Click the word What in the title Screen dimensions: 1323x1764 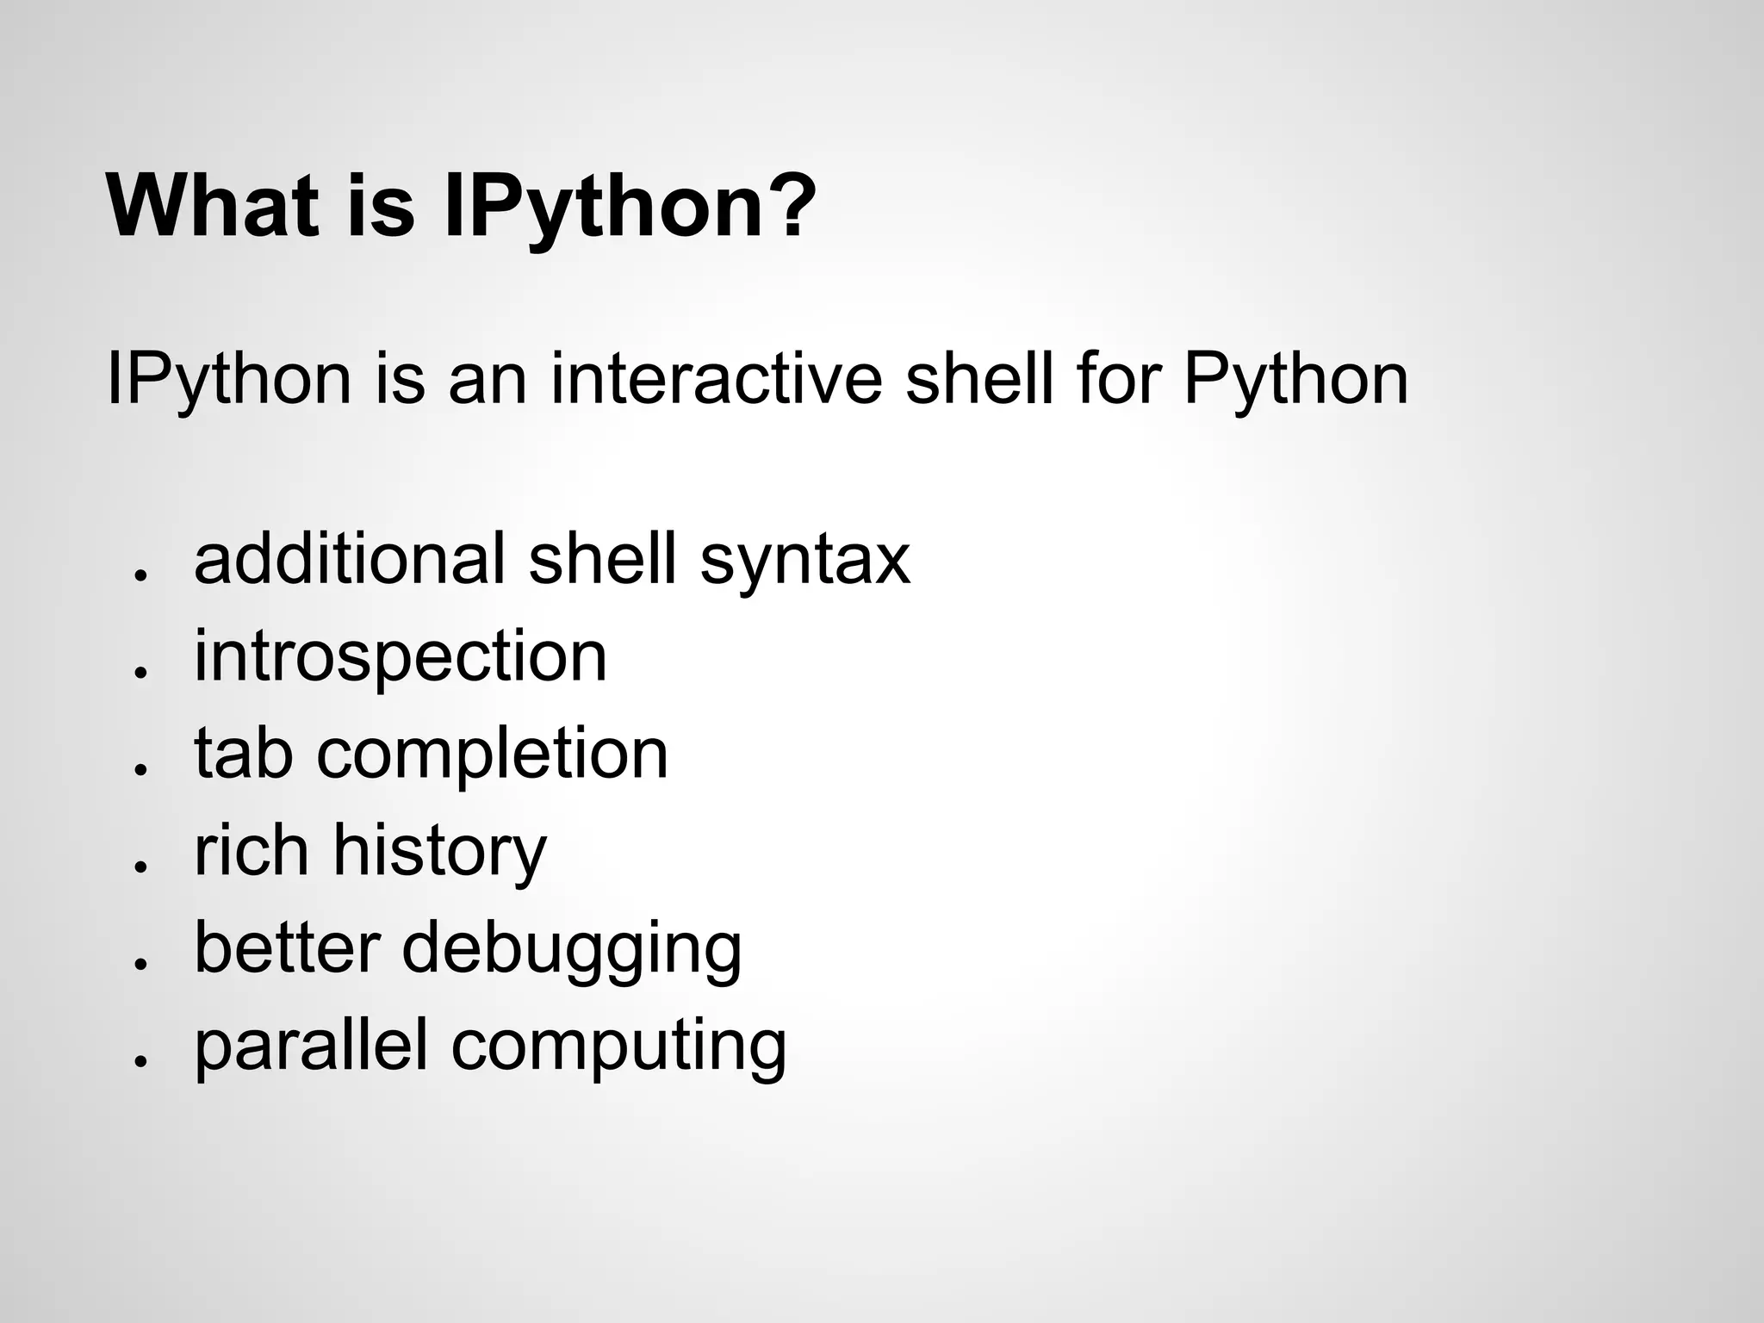tap(216, 207)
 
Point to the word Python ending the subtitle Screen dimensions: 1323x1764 tap(1295, 381)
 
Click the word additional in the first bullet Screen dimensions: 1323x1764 tap(350, 558)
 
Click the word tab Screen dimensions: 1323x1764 tap(243, 753)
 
